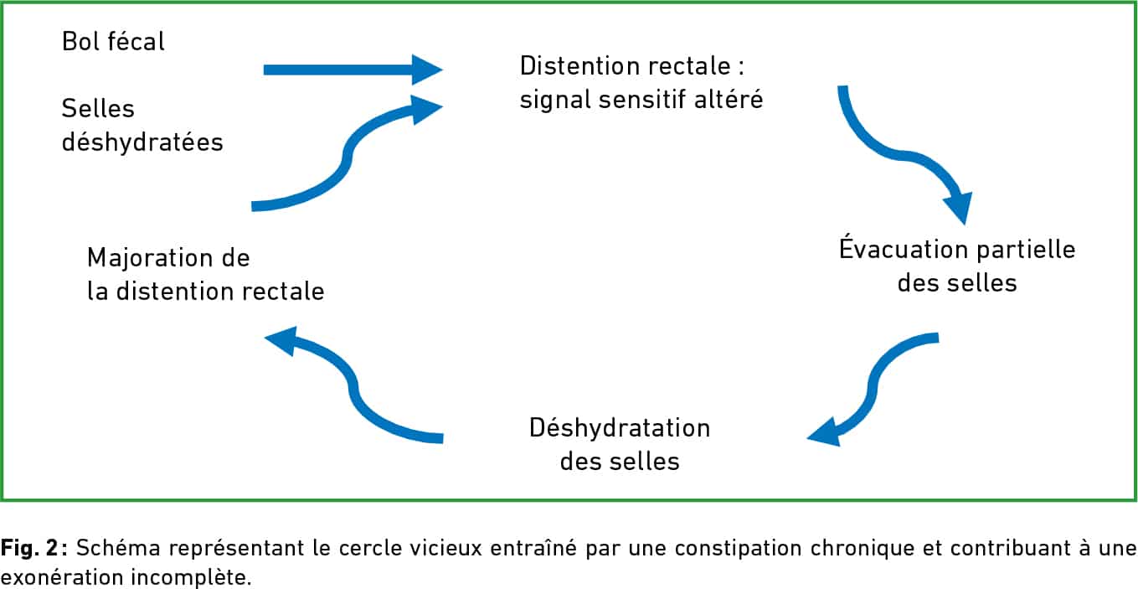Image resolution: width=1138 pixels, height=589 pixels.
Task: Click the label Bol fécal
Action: click(x=113, y=41)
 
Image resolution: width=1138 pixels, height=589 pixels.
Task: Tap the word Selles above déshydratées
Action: click(x=98, y=108)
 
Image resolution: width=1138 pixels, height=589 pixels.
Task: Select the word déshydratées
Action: click(x=142, y=142)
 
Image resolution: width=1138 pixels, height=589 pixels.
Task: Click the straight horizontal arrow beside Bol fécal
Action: click(x=353, y=70)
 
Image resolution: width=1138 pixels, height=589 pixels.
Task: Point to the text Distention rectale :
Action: click(x=632, y=66)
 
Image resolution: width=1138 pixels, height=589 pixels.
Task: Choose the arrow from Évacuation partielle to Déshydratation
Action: click(x=873, y=389)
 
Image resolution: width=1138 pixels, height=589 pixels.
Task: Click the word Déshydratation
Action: click(x=620, y=428)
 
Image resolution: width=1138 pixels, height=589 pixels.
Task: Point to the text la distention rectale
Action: click(x=206, y=292)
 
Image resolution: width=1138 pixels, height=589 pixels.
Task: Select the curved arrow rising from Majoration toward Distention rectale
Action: click(x=347, y=153)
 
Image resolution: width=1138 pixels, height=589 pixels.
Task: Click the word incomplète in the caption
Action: click(x=191, y=577)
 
